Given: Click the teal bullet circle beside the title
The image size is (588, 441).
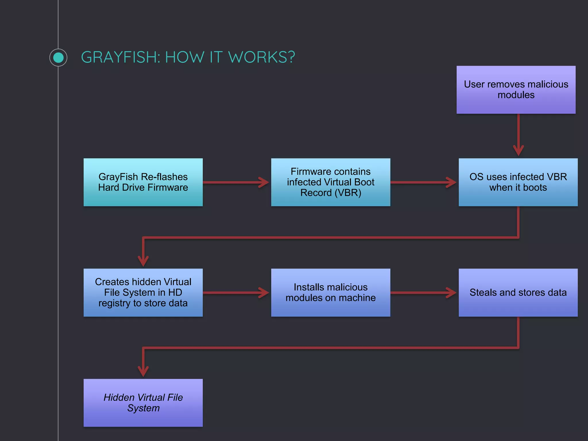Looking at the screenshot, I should (58, 57).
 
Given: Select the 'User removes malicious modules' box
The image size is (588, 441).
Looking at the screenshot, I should (516, 90).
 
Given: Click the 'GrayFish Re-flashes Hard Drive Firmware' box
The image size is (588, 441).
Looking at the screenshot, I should (143, 182).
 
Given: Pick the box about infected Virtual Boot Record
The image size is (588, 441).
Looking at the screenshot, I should (330, 182).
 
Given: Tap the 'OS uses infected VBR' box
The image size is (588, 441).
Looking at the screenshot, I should (518, 182).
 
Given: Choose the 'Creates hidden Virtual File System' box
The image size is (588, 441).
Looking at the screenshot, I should (143, 292).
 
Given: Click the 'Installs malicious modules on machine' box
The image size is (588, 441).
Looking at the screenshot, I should (330, 292).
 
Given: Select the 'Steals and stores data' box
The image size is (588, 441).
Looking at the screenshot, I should (518, 292).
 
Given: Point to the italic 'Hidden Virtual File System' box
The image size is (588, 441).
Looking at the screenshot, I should (143, 403).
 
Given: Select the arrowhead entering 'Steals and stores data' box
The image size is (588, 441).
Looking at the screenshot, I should (451, 293).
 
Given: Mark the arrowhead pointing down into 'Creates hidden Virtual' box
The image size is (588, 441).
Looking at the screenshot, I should (143, 261).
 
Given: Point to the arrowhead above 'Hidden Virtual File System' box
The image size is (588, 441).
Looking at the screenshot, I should (143, 371).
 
